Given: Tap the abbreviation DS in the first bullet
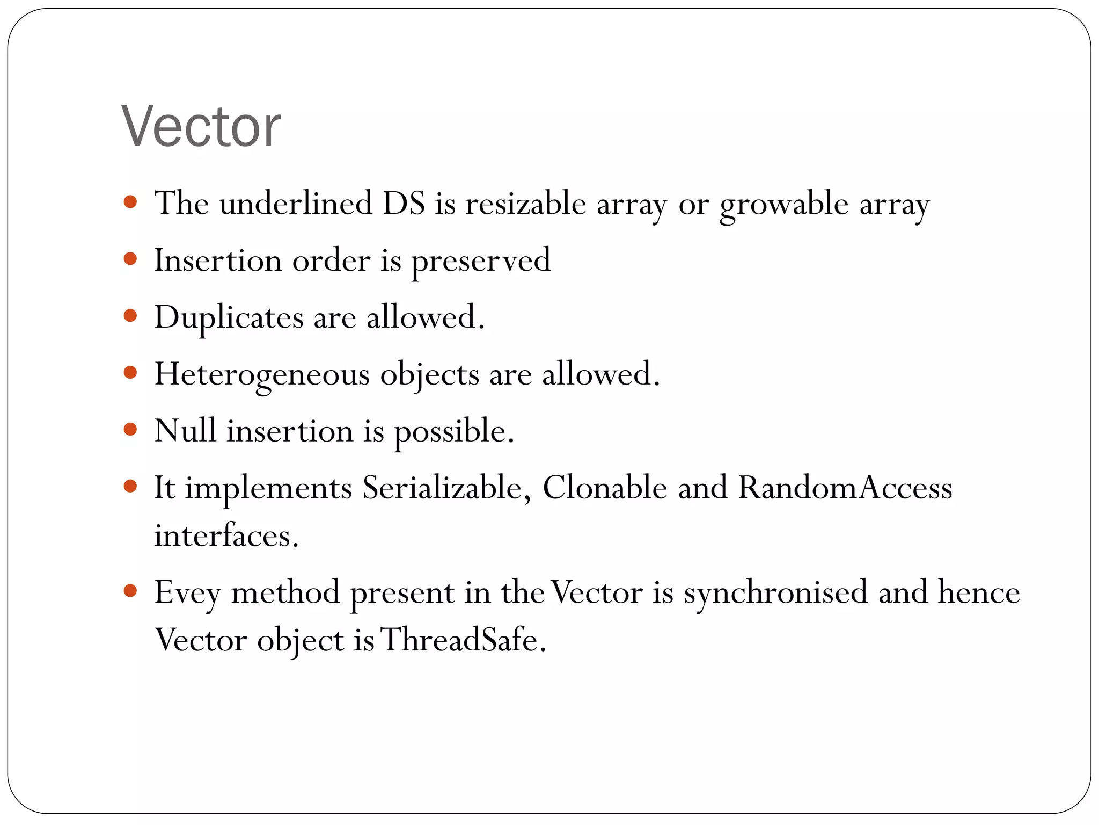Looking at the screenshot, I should [x=404, y=204].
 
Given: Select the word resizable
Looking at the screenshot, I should [x=525, y=204].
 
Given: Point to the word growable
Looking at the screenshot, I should [x=783, y=205].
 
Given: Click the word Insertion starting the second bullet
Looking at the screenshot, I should [x=217, y=260].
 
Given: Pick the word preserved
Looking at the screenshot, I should [x=481, y=262].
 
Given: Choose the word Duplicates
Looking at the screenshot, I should [x=229, y=318].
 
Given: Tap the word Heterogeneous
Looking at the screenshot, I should [x=262, y=374].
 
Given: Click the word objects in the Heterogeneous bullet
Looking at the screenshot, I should [x=429, y=375].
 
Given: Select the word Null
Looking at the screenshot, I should [x=185, y=431].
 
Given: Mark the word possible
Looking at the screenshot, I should [x=454, y=432].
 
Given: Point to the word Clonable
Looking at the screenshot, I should [x=605, y=488].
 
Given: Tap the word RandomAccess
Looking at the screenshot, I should [x=845, y=488].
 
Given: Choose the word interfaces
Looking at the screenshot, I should [x=226, y=535].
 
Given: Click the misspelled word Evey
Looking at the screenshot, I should [x=187, y=594].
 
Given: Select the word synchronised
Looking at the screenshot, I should [x=775, y=594].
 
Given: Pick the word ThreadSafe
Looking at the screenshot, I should [x=463, y=640].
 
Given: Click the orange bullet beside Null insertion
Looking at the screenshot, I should [x=130, y=430].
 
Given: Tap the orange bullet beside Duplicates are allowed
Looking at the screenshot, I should [x=130, y=315].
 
